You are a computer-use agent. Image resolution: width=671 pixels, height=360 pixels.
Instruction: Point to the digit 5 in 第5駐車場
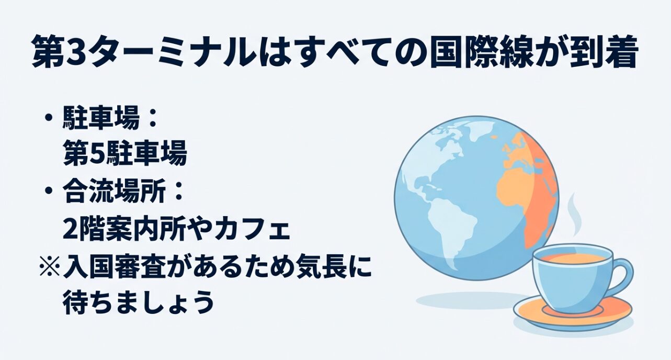click(93, 155)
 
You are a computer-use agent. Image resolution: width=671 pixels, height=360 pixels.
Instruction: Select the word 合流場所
click(116, 192)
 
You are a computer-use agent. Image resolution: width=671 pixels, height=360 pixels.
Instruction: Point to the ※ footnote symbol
click(49, 266)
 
